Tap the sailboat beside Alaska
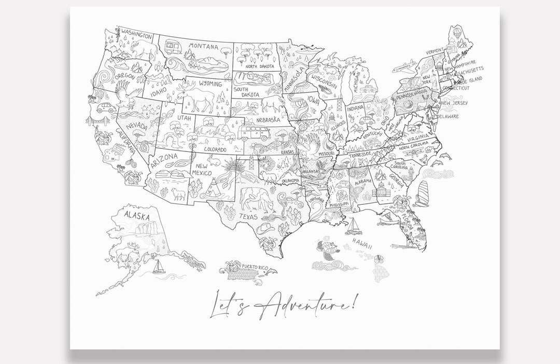click(x=158, y=267)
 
